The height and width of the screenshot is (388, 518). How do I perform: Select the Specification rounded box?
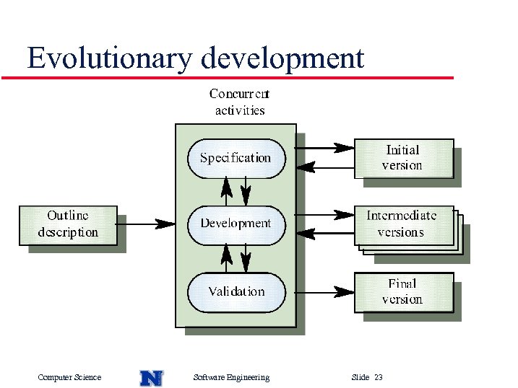pyautogui.click(x=236, y=158)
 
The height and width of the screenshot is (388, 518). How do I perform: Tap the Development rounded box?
pyautogui.click(x=236, y=224)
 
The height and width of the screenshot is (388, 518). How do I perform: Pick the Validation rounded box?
pyautogui.click(x=236, y=292)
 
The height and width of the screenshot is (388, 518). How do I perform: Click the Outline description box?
pyautogui.click(x=68, y=224)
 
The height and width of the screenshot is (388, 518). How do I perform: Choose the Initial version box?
pyautogui.click(x=403, y=158)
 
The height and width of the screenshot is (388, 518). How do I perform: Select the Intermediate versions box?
pyautogui.click(x=403, y=224)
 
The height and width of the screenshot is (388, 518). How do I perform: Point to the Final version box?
pyautogui.click(x=403, y=292)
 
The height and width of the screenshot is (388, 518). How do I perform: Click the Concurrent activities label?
pyautogui.click(x=239, y=102)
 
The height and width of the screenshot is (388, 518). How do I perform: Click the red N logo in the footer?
pyautogui.click(x=151, y=377)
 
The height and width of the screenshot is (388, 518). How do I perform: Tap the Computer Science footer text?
pyautogui.click(x=69, y=377)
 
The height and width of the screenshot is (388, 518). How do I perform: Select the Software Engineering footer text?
pyautogui.click(x=231, y=377)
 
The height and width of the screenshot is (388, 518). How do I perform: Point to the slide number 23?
pyautogui.click(x=379, y=377)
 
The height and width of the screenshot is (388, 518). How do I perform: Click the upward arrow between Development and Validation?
pyautogui.click(x=227, y=257)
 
